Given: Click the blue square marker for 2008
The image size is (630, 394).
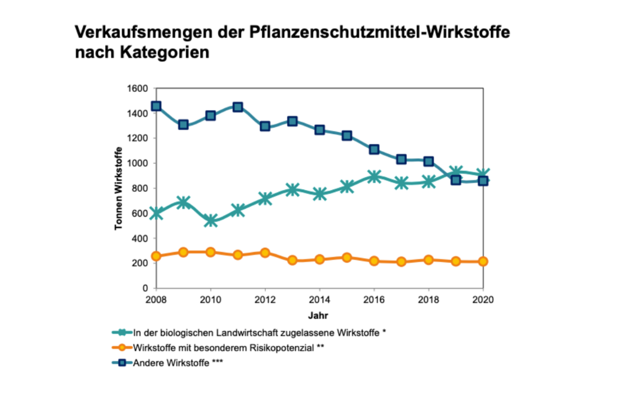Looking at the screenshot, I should (x=156, y=106).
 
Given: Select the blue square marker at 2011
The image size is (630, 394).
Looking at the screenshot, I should (x=238, y=107).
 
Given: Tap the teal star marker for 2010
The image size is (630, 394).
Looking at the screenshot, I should (x=211, y=221).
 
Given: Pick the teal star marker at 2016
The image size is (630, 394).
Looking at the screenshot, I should (x=374, y=176).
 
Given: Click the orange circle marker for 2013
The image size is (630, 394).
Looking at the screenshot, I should (x=292, y=260).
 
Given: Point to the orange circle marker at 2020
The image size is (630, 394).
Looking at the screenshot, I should (x=483, y=261).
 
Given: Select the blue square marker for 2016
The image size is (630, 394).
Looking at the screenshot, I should (x=374, y=149).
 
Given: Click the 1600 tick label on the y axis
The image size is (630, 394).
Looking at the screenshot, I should (x=137, y=89).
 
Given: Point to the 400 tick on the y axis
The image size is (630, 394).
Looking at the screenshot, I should (x=139, y=238).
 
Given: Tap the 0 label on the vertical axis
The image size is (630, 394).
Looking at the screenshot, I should (x=145, y=288).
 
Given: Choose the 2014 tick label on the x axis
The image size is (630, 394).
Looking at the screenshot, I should (x=319, y=300).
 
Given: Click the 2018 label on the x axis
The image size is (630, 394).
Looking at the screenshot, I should (x=428, y=300).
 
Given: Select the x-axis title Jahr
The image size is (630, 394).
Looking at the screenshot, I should (x=318, y=316).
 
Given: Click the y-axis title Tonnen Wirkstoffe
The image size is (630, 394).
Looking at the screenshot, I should (x=118, y=188).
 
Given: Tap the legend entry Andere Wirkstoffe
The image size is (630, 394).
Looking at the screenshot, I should (x=171, y=363).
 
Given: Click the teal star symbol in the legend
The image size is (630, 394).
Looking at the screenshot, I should (x=122, y=333).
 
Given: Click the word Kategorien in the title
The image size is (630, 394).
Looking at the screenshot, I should (x=164, y=53).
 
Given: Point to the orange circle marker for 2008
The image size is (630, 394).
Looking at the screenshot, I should (x=156, y=256).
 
